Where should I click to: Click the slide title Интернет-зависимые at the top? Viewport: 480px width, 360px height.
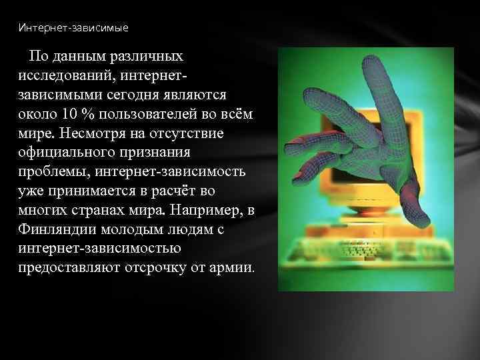[x=73, y=28]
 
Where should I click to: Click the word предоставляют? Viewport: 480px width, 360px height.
[x=65, y=269]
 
